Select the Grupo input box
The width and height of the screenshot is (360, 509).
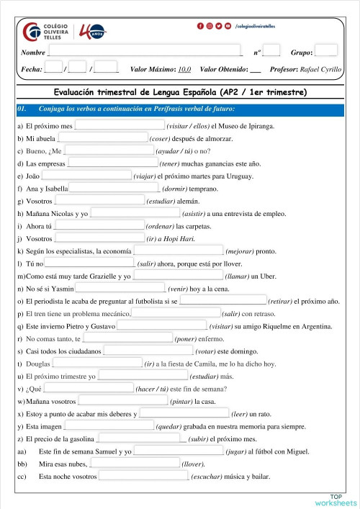tap(326, 50)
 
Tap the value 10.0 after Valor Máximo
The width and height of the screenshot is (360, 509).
tap(184, 69)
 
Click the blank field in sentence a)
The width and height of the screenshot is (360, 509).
tap(120, 125)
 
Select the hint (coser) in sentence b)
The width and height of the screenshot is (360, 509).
tap(161, 138)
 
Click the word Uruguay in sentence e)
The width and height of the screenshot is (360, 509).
tap(238, 176)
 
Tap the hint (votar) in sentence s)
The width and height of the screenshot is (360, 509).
tap(210, 351)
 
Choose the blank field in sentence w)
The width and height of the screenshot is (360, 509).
tap(122, 401)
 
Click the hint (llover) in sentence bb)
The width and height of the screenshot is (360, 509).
tap(193, 464)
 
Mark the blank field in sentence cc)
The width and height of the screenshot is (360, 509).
tap(143, 476)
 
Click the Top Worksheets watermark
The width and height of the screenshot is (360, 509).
tap(335, 500)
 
